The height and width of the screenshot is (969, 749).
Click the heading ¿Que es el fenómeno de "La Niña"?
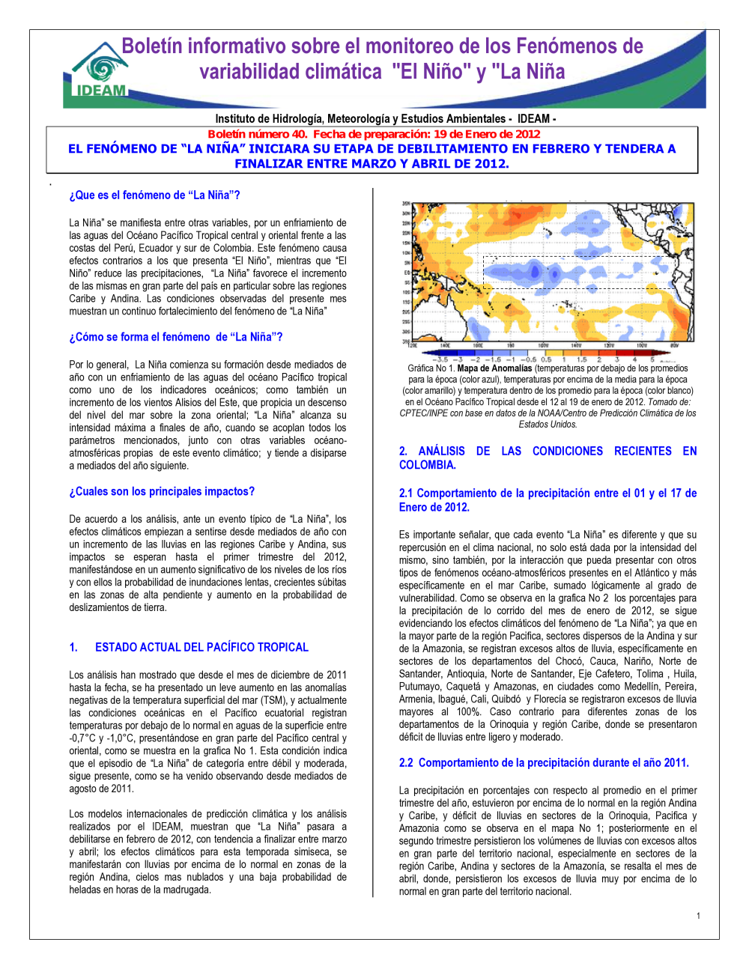(154, 195)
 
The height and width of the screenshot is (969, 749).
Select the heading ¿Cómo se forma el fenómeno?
(176, 337)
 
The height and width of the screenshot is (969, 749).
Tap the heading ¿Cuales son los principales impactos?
(162, 491)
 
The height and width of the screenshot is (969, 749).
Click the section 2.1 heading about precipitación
(548, 500)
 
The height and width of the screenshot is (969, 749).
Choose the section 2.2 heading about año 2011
(544, 762)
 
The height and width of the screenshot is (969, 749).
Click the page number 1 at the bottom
(698, 916)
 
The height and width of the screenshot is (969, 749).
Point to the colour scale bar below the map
(548, 353)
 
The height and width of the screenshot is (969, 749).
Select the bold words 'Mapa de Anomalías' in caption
(494, 368)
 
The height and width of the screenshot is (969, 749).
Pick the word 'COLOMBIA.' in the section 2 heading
(427, 465)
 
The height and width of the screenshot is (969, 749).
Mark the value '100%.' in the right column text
(468, 712)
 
